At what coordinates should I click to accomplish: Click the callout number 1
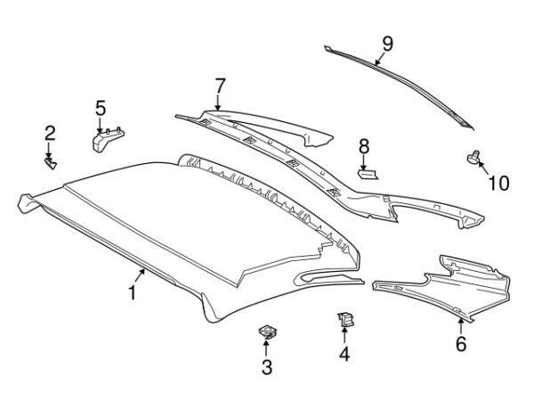(132, 293)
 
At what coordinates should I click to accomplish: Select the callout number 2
(50, 134)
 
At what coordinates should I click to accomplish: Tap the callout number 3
(267, 367)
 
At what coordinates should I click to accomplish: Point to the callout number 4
(344, 354)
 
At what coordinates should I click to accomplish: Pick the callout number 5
(101, 108)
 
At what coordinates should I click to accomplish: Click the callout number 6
(461, 343)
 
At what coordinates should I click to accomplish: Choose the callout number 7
(220, 86)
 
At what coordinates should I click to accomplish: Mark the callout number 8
(364, 147)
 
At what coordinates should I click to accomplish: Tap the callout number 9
(387, 44)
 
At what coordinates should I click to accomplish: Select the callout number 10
(498, 184)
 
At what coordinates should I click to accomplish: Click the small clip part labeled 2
(51, 163)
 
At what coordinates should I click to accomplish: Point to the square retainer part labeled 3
(267, 332)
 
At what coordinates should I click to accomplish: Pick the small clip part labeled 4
(345, 320)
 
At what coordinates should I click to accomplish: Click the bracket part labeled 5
(108, 138)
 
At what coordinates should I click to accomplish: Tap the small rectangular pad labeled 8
(368, 175)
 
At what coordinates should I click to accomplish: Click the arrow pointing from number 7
(218, 103)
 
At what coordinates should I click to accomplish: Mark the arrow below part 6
(460, 325)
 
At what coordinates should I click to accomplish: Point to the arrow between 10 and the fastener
(485, 168)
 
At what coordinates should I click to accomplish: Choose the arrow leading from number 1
(140, 275)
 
